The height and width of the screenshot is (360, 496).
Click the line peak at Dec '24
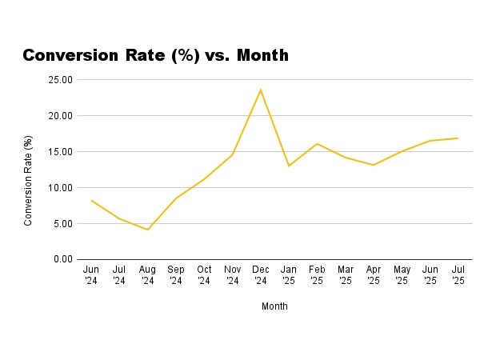[x=261, y=89]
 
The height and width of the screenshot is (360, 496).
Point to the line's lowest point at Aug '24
[x=147, y=230]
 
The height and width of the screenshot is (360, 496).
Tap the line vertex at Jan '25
[x=289, y=166]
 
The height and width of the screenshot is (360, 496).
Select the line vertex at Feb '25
[x=317, y=143]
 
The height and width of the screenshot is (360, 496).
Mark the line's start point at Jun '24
[x=90, y=200]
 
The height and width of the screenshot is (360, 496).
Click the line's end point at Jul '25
[x=458, y=138]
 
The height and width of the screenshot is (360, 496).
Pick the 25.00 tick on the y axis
[x=61, y=80]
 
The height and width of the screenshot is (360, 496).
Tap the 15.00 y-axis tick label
[x=61, y=152]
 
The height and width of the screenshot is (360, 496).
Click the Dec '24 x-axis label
[x=261, y=275]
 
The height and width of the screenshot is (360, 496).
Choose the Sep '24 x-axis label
[x=175, y=275]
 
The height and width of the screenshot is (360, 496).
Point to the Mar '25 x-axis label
[x=346, y=275]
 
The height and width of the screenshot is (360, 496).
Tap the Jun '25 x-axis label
[x=430, y=275]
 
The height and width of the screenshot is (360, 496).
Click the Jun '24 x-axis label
[x=90, y=275]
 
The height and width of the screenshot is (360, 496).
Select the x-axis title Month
[x=274, y=306]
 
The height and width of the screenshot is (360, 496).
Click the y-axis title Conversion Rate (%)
[x=29, y=181]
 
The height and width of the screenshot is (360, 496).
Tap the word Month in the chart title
[x=260, y=55]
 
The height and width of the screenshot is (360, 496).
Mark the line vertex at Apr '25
[x=374, y=165]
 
